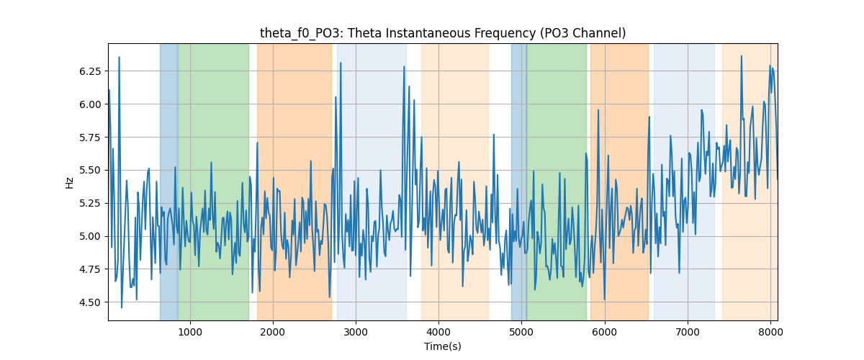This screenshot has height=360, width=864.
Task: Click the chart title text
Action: pos(443,33)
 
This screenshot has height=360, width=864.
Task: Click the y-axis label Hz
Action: pos(69,182)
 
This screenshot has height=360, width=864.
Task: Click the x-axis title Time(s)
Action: pos(443,346)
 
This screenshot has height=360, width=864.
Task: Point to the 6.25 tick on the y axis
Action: pos(90,71)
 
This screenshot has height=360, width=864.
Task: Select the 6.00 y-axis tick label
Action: pos(90,104)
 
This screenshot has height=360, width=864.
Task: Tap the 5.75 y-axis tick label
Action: pos(90,138)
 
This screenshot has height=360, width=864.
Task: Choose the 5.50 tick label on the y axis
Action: pos(90,171)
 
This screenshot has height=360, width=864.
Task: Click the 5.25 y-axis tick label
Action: pos(90,203)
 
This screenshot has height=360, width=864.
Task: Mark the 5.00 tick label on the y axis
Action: pos(90,237)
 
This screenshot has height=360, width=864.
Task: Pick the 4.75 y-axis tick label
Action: pos(90,269)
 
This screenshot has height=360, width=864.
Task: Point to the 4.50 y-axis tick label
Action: pos(90,302)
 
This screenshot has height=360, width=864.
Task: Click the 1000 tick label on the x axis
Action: pos(190,332)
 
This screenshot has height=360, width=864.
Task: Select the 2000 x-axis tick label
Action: pos(273,332)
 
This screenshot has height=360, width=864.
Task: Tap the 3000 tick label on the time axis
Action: pos(356,332)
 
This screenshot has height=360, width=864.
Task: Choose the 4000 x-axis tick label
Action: pos(438,332)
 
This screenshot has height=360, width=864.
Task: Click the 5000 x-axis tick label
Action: pos(521,332)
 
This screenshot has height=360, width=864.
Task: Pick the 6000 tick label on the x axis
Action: pos(604,332)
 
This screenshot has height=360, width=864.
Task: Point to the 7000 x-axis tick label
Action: pos(688,332)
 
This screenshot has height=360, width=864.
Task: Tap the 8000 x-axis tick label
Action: pos(770,332)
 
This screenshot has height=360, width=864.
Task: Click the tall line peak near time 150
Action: pos(120,57)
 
